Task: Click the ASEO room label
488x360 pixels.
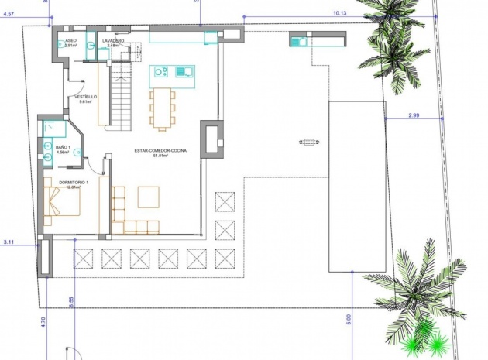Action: (70, 39)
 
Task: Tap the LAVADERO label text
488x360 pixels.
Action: (113, 39)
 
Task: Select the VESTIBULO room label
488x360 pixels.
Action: (84, 97)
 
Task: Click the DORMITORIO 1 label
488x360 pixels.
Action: (74, 182)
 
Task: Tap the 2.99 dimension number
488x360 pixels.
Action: (414, 115)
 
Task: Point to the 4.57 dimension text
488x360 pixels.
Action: (9, 13)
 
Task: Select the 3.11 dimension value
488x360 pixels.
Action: (9, 242)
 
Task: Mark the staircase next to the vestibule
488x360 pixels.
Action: (119, 97)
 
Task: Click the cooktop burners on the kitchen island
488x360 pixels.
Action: (161, 72)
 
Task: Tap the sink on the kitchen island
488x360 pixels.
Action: (184, 72)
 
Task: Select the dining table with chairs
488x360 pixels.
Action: (163, 108)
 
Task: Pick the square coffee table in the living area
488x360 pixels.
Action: (148, 197)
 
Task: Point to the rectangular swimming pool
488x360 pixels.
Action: (356, 186)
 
